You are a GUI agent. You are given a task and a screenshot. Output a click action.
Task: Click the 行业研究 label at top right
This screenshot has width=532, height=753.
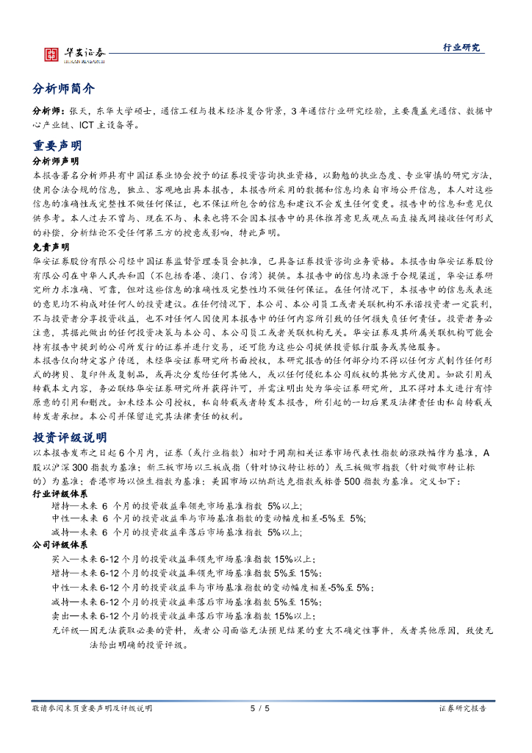tap(461, 48)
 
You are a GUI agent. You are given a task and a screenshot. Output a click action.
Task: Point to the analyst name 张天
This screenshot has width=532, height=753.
tap(78, 110)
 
